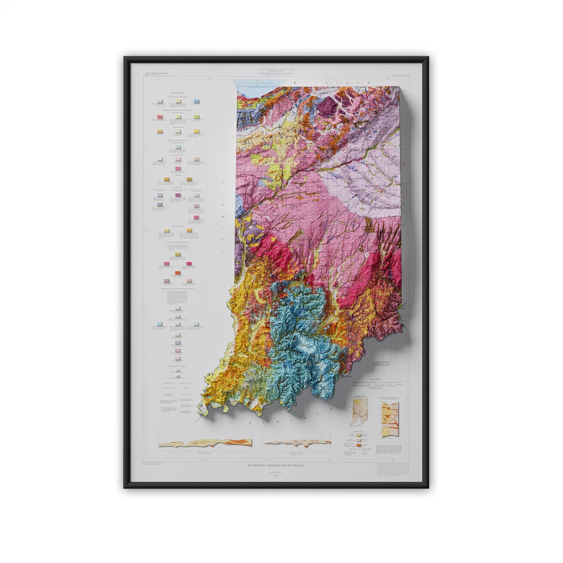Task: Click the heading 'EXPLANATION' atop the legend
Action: click(177, 93)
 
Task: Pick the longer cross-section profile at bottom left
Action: click(205, 443)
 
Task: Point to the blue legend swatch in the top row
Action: click(197, 102)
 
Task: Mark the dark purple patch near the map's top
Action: click(327, 107)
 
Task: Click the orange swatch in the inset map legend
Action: click(360, 446)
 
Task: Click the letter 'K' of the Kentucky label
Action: click(250, 423)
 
